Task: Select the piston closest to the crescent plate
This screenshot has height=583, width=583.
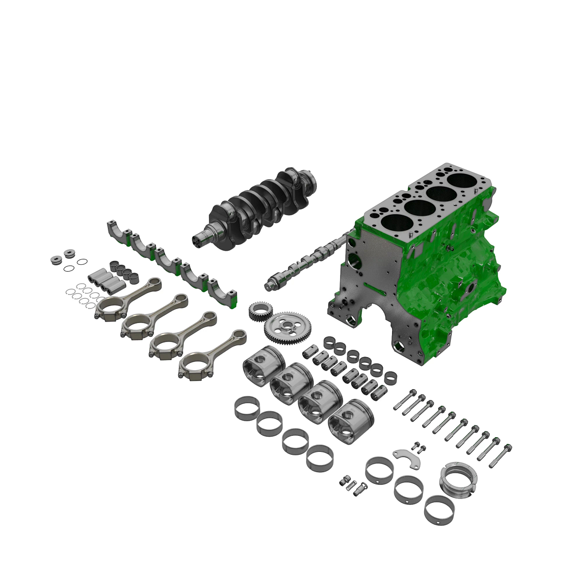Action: coord(351,417)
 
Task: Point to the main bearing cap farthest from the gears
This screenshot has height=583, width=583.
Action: coord(117,231)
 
